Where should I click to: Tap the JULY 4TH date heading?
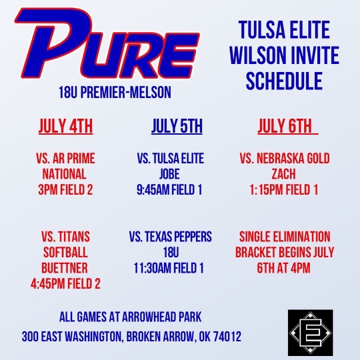(66, 126)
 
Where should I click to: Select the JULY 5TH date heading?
(177, 126)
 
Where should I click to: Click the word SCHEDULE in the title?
(284, 81)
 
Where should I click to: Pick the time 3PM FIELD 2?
(65, 189)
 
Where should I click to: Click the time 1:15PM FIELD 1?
(284, 189)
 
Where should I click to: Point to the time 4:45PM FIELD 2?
(65, 284)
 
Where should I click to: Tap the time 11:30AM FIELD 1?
(171, 268)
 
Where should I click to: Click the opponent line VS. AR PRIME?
(65, 158)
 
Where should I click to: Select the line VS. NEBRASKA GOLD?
(284, 158)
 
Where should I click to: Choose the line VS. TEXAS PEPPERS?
(171, 237)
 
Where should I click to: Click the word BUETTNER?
(65, 268)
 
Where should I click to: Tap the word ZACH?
(284, 173)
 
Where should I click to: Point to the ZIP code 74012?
(225, 337)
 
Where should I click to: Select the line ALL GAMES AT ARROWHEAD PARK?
(131, 317)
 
